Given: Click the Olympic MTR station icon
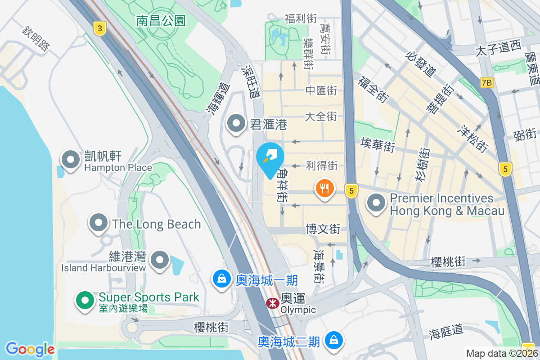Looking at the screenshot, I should (x=272, y=303).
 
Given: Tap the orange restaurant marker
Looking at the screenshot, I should (x=324, y=187).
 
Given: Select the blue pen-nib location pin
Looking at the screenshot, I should (x=270, y=158).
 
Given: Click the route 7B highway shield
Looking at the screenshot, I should (x=486, y=82).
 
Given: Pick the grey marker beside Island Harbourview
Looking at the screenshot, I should (x=159, y=260).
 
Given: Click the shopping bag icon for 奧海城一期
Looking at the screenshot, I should (x=221, y=279).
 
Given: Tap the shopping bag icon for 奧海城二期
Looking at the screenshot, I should (x=333, y=340).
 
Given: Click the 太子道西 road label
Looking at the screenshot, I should (x=498, y=48).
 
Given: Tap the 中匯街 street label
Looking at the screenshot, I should (x=321, y=90).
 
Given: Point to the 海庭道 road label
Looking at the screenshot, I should (x=446, y=332).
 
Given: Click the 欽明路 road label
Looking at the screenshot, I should (x=35, y=38).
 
